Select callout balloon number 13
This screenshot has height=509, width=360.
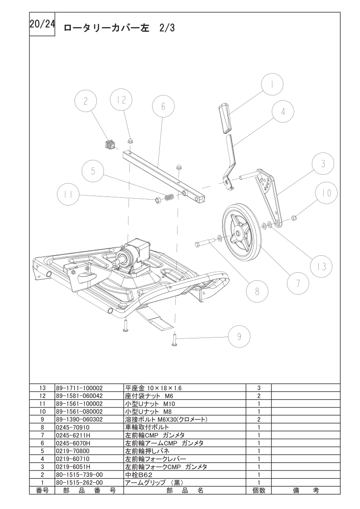point(321,266)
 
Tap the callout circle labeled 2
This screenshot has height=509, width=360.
point(85,102)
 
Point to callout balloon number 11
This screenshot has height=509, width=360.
point(68,194)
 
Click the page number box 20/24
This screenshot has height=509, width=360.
point(42,24)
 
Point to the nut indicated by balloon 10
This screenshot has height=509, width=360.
point(292,217)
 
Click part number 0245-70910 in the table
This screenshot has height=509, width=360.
point(73,427)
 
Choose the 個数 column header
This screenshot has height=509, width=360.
point(259,490)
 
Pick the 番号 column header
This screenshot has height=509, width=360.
point(42,490)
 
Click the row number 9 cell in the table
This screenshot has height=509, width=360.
point(42,420)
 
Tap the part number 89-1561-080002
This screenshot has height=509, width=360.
point(79,411)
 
